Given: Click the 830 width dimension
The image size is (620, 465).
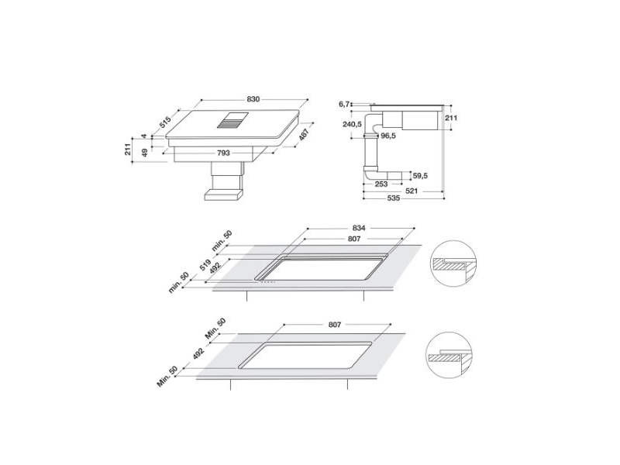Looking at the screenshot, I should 253,99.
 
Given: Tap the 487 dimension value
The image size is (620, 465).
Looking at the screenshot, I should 305,135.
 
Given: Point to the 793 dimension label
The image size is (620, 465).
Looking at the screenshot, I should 223,153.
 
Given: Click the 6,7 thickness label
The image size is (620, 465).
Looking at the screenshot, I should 346,102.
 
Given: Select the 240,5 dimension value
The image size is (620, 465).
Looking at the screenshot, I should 353,123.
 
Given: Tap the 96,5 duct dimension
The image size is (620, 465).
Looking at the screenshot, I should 388,136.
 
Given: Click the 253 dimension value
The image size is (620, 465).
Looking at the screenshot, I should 381,184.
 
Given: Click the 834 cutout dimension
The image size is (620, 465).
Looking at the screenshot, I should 357,228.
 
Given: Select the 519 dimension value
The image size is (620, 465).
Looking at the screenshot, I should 206,263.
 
